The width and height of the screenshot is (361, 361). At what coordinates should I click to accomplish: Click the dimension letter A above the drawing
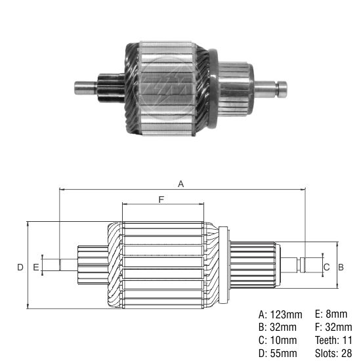click(x=181, y=184)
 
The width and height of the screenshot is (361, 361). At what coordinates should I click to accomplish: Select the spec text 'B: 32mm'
click(x=278, y=327)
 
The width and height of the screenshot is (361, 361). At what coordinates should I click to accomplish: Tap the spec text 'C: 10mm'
click(x=278, y=341)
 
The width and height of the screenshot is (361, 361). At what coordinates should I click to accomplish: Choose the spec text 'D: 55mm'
click(x=278, y=354)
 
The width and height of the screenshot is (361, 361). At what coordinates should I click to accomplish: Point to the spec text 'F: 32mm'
click(x=333, y=327)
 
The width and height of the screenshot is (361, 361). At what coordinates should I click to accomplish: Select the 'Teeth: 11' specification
click(x=333, y=341)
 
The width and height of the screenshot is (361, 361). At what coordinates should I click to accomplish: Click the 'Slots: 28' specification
click(x=333, y=354)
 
